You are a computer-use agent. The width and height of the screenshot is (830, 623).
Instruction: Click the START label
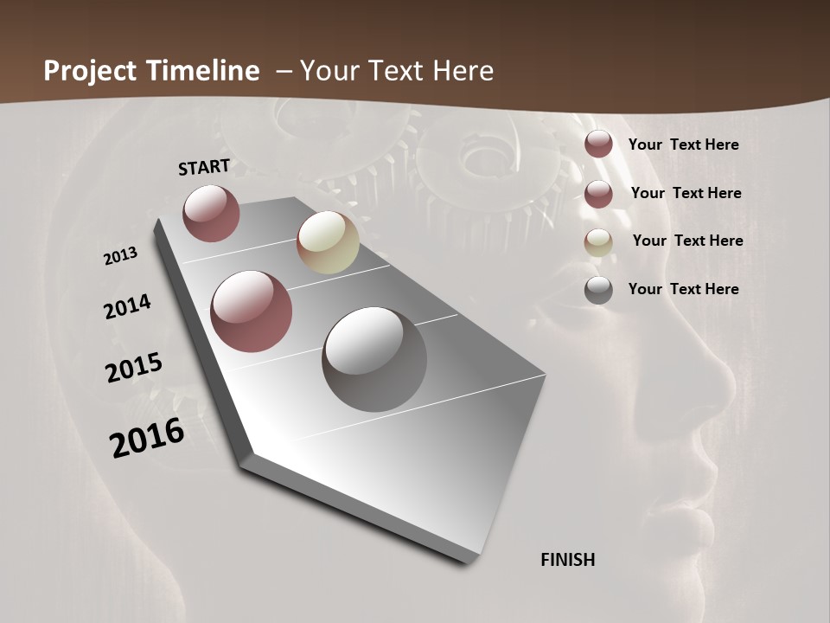204,167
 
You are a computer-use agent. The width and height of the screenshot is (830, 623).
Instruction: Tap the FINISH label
567,560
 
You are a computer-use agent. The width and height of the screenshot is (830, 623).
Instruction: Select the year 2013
121,256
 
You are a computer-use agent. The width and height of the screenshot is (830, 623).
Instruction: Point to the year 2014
127,307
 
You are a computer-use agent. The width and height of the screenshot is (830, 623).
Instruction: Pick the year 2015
134,368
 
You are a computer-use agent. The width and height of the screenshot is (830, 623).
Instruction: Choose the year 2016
147,438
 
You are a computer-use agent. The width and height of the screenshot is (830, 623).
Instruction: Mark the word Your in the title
329,71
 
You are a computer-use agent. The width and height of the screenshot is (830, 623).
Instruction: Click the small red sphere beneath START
211,213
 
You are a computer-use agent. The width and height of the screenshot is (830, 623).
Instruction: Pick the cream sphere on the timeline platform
328,242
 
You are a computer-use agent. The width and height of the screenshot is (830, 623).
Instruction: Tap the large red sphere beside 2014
251,311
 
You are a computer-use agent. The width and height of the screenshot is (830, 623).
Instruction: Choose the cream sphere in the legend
598,241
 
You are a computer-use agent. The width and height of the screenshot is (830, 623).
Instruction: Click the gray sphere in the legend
598,290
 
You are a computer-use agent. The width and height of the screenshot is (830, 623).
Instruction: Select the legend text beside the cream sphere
687,241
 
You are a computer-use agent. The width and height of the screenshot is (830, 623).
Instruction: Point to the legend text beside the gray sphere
683,289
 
